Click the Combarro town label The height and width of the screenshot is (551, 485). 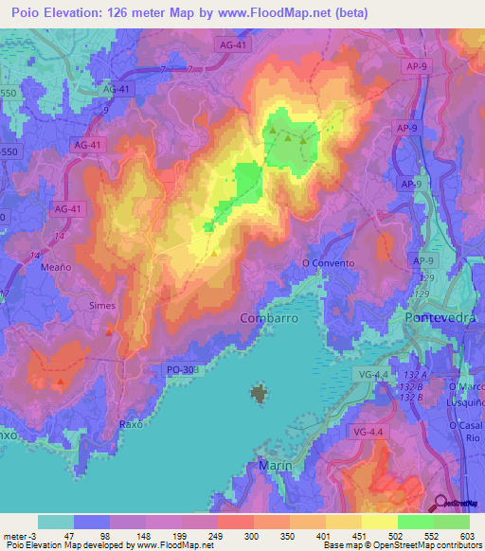click(269, 318)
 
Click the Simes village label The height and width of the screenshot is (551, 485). click(102, 306)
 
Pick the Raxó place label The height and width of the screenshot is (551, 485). click(132, 423)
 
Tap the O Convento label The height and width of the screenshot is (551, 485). click(328, 263)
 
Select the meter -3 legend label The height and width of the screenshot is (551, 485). click(20, 535)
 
